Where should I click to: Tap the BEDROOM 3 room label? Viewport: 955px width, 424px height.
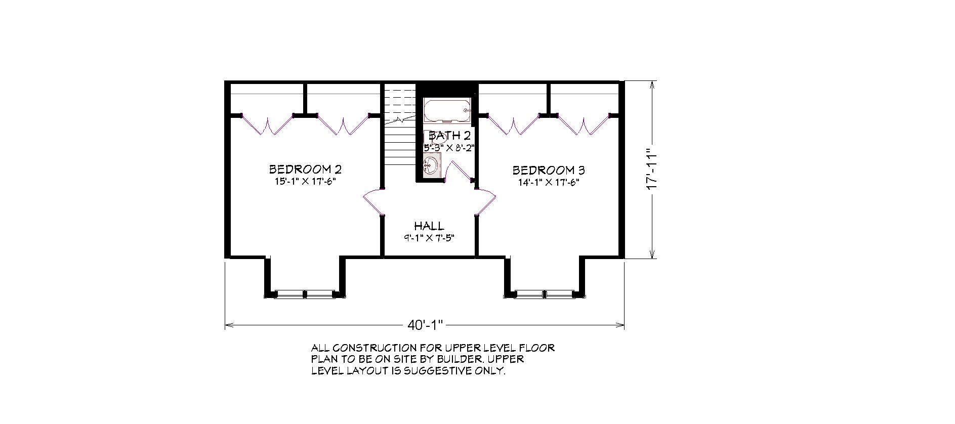pyautogui.click(x=549, y=170)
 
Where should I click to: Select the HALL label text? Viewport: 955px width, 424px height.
pyautogui.click(x=429, y=226)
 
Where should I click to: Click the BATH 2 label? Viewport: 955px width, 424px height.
pyautogui.click(x=450, y=136)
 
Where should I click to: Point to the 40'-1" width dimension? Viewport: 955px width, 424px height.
pyautogui.click(x=425, y=324)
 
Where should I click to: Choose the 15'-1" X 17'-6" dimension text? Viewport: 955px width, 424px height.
pyautogui.click(x=305, y=182)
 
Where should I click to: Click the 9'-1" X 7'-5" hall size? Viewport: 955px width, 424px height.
pyautogui.click(x=429, y=237)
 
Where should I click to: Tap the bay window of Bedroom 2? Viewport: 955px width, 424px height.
pyautogui.click(x=305, y=293)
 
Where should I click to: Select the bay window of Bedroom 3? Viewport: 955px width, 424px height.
pyautogui.click(x=545, y=293)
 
